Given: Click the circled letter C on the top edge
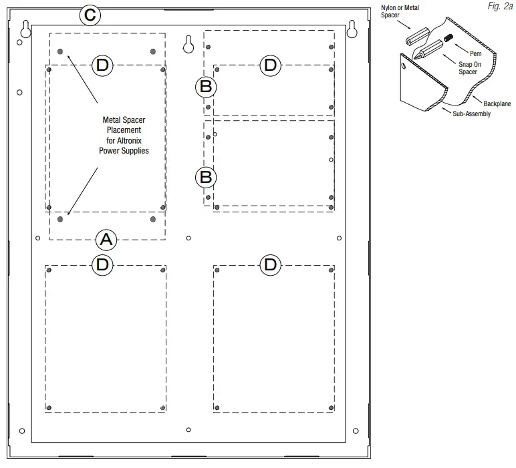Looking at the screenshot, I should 90,15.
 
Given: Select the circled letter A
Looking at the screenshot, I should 106,238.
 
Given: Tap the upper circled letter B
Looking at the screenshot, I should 206,86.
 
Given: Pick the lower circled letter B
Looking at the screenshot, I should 206,177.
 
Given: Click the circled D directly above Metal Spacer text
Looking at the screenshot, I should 102,65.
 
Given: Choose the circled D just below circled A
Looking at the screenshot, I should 102,264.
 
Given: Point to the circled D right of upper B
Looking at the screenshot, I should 270,65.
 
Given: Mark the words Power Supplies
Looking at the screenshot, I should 120,151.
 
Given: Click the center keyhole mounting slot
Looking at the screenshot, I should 188,43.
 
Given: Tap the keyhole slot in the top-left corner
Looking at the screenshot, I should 25,29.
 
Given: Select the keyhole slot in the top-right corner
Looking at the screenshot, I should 352,29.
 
